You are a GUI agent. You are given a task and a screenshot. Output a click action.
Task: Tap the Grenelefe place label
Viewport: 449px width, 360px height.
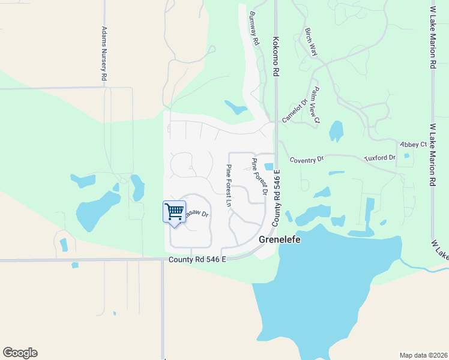[x=279, y=239]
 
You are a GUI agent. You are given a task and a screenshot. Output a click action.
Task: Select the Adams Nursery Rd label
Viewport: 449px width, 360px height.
[x=104, y=54]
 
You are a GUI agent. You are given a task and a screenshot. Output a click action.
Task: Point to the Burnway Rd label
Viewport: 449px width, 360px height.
[x=254, y=30]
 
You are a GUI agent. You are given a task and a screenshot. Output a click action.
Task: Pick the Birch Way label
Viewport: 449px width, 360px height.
[x=311, y=42]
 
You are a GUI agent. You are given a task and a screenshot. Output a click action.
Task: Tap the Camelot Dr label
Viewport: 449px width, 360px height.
[x=295, y=110]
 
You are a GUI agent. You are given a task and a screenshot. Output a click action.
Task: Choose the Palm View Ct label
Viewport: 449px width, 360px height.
[x=316, y=106]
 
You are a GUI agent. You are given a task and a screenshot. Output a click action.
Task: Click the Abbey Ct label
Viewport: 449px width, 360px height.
[x=415, y=145]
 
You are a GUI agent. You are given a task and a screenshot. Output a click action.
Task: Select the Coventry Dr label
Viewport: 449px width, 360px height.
[x=306, y=160]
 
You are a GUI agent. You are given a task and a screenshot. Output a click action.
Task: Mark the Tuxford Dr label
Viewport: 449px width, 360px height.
[x=380, y=158]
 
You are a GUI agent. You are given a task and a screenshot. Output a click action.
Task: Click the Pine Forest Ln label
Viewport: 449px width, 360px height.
[x=229, y=185]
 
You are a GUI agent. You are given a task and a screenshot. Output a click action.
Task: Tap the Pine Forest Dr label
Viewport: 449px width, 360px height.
[x=259, y=176]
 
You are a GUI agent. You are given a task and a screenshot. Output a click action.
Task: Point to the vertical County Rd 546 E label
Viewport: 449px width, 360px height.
[x=277, y=198]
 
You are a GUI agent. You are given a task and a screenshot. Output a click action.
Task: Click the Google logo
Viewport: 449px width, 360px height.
[x=20, y=353]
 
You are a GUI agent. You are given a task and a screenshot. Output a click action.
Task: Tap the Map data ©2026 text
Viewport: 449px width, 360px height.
[x=423, y=355]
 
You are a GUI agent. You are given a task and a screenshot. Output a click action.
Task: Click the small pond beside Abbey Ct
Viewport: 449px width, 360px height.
[x=408, y=156]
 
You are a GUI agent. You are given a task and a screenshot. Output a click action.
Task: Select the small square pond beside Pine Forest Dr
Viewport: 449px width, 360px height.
[x=269, y=166]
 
